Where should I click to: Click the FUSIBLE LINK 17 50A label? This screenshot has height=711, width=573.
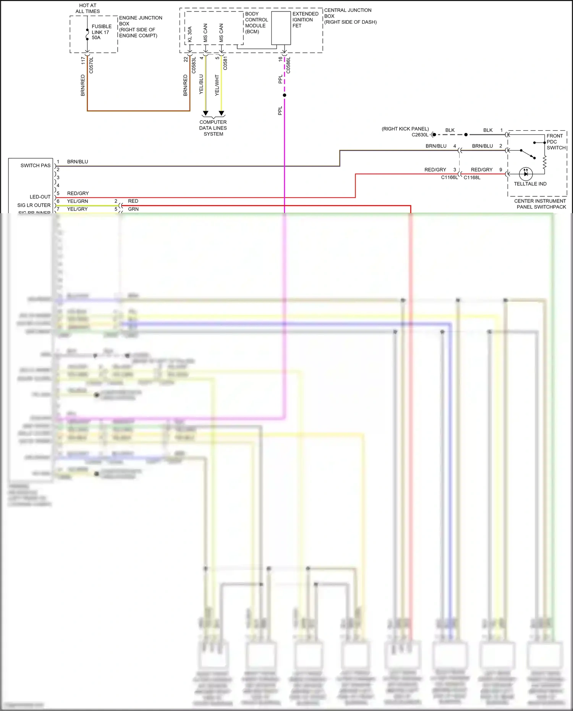101,32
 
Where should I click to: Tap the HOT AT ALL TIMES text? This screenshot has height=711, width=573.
87,8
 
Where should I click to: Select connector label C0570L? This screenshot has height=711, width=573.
91,65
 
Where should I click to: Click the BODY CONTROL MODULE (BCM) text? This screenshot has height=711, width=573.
256,23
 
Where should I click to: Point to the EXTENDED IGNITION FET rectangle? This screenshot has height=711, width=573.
281,28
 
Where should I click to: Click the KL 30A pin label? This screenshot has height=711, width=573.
190,34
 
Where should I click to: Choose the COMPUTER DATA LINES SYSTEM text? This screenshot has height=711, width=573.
213,128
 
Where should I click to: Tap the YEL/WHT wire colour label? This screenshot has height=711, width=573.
217,85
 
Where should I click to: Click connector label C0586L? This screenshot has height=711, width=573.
288,65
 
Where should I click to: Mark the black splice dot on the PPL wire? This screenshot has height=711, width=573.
284,95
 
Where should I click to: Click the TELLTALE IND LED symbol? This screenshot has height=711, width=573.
526,174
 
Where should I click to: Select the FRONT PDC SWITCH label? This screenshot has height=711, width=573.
556,142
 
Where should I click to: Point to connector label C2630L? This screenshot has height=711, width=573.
420,135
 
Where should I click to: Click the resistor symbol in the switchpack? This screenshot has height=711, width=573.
545,162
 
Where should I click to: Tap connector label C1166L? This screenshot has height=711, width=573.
449,178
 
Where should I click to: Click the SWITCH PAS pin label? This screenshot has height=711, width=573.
35,165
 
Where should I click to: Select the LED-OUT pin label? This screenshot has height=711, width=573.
40,197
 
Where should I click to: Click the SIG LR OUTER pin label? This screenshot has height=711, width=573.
34,205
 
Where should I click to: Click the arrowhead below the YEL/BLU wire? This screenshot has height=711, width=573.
206,113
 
